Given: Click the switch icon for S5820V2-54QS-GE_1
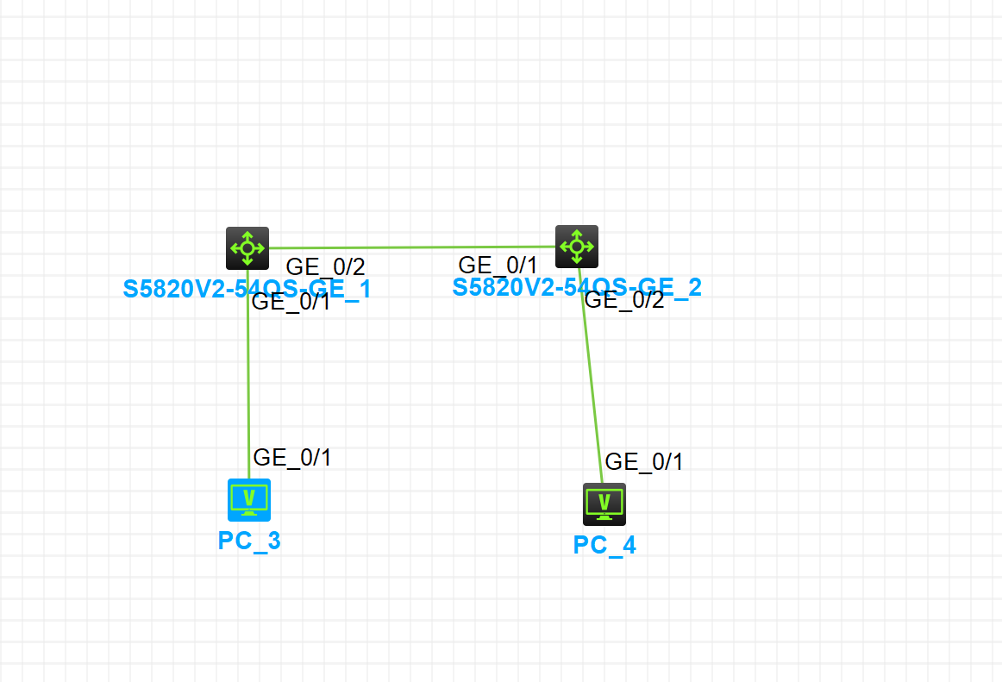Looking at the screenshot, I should pos(247,248).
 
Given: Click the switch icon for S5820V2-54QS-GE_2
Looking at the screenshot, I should pos(577,247).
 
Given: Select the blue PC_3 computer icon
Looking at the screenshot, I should pos(249,500).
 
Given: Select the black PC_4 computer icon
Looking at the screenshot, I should pos(604,504).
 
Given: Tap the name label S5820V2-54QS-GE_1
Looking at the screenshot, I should pos(247,288).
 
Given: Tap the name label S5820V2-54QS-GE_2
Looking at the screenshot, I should pos(577,286).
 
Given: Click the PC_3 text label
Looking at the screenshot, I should pos(249,541).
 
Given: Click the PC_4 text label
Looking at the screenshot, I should pos(604,545).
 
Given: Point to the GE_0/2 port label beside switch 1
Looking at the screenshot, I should pos(325,266).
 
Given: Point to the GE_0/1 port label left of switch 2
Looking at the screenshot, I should pos(498,265).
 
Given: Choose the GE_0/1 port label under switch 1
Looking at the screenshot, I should pos(291,302).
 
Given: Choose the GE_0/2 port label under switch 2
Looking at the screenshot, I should pos(624,300).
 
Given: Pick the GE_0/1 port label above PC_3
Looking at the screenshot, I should pos(292,458).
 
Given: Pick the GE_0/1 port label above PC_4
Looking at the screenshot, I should pos(644,461).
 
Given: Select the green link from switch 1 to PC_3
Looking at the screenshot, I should pos(248,379).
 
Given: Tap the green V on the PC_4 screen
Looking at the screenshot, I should pos(604,500).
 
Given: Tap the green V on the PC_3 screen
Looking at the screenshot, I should pos(249,497).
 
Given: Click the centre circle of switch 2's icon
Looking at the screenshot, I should pos(577,247).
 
